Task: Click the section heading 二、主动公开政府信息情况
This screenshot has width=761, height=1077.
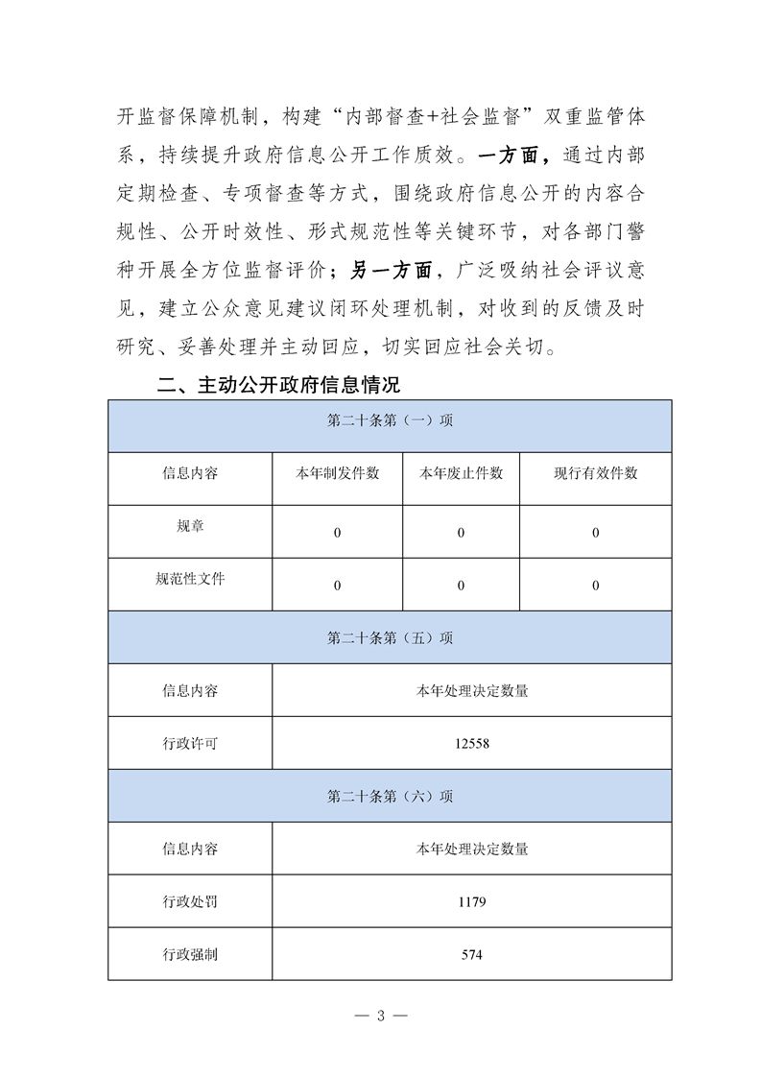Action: coord(278,386)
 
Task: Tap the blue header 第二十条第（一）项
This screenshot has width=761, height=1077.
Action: coord(390,421)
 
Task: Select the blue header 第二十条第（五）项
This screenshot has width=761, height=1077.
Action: coord(390,637)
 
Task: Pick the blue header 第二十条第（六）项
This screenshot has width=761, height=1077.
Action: coord(390,796)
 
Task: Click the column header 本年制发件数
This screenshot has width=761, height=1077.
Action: coord(337,473)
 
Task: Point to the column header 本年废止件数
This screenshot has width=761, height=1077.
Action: coord(461,473)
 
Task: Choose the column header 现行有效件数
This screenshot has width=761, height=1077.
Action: coord(595,473)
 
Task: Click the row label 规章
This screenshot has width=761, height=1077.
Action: coord(190,527)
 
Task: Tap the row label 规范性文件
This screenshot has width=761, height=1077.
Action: coord(190,579)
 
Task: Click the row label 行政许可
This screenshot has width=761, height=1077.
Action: coord(190,743)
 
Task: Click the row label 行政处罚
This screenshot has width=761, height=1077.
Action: coord(190,901)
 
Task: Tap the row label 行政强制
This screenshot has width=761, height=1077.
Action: coord(190,954)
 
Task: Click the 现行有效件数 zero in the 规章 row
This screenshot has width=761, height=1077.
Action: coord(595,533)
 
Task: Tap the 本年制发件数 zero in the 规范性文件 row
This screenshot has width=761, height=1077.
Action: coord(337,586)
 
